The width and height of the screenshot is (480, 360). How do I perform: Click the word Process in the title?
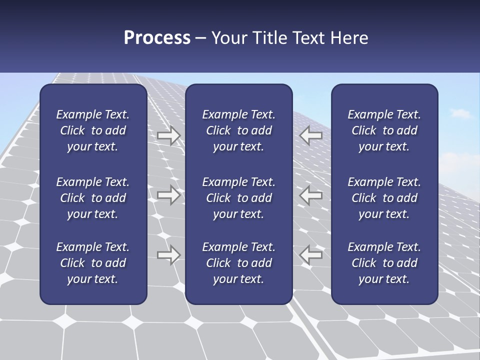pyautogui.click(x=157, y=38)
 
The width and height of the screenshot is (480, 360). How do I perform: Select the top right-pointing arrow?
pyautogui.click(x=169, y=135)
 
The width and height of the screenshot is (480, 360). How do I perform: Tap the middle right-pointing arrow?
pyautogui.click(x=169, y=195)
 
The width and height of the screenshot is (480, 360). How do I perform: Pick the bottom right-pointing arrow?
pyautogui.click(x=169, y=255)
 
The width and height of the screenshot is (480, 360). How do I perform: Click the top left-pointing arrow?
pyautogui.click(x=311, y=135)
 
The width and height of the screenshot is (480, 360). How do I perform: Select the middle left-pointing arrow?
pyautogui.click(x=311, y=195)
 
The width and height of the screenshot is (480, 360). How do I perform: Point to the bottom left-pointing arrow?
pyautogui.click(x=311, y=255)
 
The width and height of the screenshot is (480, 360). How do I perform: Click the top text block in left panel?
pyautogui.click(x=93, y=130)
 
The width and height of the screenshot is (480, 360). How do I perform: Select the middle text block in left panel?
pyautogui.click(x=93, y=198)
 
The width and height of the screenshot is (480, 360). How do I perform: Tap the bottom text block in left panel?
pyautogui.click(x=93, y=263)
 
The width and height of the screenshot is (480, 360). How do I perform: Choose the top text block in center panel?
pyautogui.click(x=239, y=130)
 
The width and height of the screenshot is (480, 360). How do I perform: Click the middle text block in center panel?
pyautogui.click(x=239, y=198)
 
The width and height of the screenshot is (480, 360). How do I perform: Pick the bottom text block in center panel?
pyautogui.click(x=239, y=263)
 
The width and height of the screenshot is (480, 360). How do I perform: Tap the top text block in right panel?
pyautogui.click(x=384, y=130)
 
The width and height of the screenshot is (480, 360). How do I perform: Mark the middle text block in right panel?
pyautogui.click(x=384, y=198)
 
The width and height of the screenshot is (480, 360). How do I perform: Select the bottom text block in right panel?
pyautogui.click(x=384, y=263)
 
